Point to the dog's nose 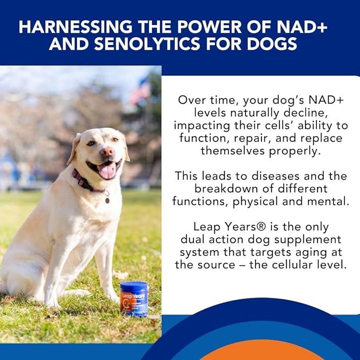point(107,152)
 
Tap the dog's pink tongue point(107,171)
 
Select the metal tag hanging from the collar point(108,200)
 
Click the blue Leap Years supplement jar point(134,299)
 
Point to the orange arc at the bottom point(265,353)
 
